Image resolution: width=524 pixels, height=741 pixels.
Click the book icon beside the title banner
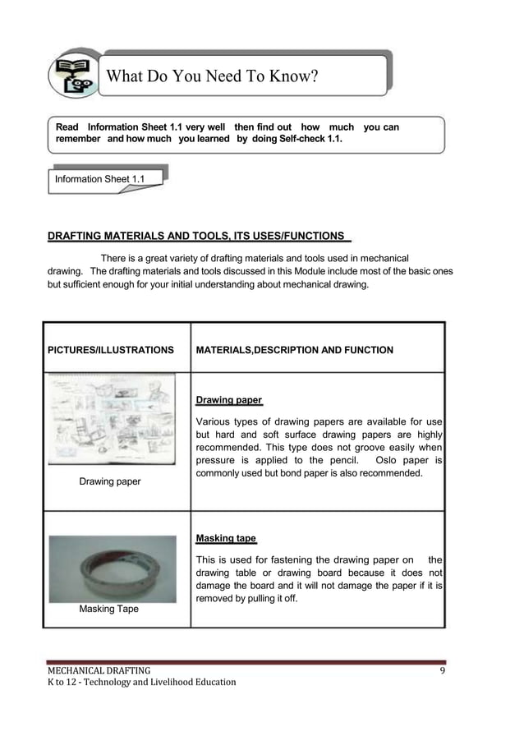coord(73,75)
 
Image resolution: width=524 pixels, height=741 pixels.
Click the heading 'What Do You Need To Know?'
coord(213,77)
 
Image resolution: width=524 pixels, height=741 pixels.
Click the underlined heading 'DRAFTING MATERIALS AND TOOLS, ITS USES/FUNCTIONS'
coord(196,237)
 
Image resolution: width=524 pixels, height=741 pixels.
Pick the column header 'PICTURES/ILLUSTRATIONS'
coord(111,350)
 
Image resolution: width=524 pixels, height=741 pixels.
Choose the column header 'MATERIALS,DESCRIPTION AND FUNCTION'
coord(294,350)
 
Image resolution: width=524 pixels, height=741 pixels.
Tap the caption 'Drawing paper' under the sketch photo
coord(109,481)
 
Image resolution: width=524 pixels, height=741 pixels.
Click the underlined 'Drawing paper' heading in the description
coord(228,401)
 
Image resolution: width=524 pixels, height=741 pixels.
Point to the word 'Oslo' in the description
coord(388,461)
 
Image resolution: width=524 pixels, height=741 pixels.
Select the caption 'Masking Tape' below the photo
coord(108,610)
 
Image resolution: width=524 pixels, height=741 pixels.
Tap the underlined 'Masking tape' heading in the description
coord(226,539)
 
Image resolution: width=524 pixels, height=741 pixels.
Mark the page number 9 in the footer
coord(442,670)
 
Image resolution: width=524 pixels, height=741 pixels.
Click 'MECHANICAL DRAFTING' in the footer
coord(98,670)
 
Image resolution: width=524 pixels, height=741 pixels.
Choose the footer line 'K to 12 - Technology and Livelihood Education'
coord(140,683)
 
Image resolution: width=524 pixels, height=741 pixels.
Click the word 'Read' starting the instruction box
coord(67,127)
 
